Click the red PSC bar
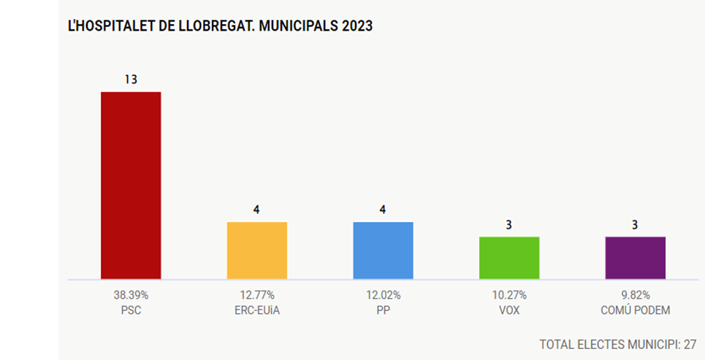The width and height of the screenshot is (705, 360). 130,185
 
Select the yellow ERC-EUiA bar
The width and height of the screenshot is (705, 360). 256,250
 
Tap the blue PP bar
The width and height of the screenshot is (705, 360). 383,250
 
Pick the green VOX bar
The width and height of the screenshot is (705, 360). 508,258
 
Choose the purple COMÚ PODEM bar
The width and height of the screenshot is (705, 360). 635,258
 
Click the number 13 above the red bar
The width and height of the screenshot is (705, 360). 131,79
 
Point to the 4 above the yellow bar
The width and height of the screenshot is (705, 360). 256,210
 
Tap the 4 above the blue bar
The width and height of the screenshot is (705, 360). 383,210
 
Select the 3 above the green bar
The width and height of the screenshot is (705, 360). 508,224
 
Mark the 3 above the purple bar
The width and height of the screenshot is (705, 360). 635,224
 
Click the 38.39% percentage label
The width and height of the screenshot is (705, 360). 131,296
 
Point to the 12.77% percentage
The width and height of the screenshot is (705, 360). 256,296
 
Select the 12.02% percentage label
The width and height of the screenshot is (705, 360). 383,296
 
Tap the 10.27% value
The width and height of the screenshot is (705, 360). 508,296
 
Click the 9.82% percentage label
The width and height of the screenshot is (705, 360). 635,296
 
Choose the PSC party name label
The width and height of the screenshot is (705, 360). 131,310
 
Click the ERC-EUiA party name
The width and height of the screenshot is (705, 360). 256,310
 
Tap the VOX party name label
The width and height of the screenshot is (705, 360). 508,310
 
